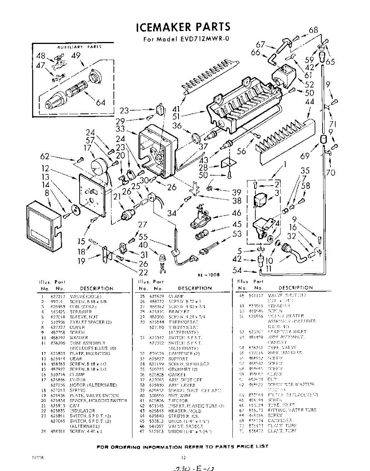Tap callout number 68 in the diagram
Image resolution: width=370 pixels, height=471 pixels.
313,30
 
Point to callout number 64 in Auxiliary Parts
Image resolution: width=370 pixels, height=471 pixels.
100,103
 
